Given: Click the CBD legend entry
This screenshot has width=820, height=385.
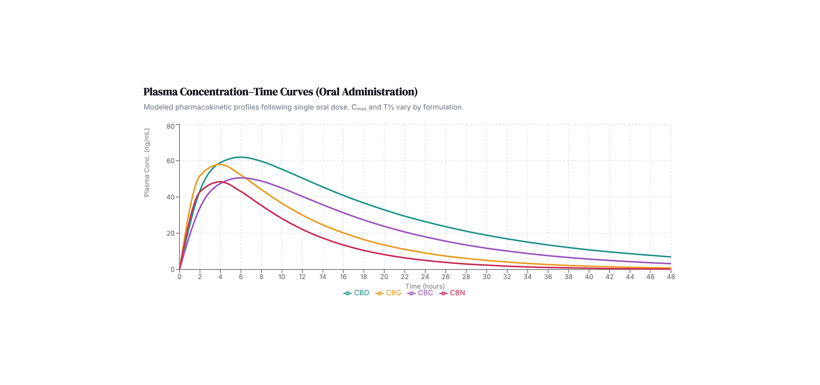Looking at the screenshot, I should point(357,293).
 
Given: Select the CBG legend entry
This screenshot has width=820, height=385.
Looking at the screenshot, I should point(389,293).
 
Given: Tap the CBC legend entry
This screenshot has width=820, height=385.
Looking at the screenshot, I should point(421,293).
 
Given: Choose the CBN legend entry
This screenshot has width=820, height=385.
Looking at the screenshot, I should point(453,293).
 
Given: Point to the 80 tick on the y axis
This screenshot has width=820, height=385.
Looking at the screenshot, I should point(170,126).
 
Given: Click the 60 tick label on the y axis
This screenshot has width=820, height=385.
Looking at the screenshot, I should point(170,161).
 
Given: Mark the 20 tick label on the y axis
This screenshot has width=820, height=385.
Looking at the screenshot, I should point(170,233).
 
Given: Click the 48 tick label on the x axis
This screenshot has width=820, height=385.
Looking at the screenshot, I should point(671,277).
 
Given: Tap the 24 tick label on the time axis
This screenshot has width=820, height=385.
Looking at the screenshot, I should point(425,277).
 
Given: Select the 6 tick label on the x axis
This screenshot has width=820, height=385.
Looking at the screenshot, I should point(241,277).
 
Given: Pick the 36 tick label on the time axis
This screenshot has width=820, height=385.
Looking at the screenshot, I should point(548,277).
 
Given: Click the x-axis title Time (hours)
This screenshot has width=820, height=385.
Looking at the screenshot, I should point(425,286).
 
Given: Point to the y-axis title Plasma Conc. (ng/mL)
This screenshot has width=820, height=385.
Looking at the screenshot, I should point(147,163).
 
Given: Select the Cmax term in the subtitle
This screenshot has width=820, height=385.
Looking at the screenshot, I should point(359,107).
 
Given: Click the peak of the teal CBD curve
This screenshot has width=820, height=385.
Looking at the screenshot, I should point(241,157).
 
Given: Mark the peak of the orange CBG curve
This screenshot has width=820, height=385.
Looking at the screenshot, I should point(220,164).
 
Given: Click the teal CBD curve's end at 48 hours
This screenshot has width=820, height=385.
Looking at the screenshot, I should point(671,257).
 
